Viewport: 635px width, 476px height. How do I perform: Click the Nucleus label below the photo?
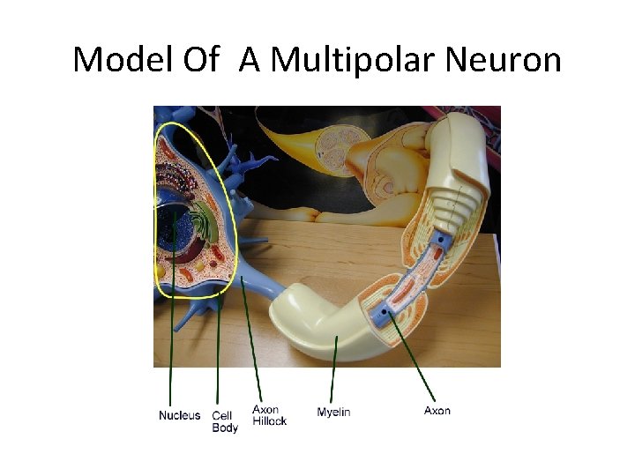[179, 415]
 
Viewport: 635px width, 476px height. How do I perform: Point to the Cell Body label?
[224, 421]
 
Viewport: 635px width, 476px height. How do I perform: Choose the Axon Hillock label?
[269, 415]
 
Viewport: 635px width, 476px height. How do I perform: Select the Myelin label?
[333, 412]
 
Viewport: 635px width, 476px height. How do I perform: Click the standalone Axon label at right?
[437, 411]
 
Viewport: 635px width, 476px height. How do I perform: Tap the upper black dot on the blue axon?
[439, 238]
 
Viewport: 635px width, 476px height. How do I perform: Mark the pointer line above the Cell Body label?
[218, 353]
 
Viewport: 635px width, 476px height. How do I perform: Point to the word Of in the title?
[201, 59]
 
